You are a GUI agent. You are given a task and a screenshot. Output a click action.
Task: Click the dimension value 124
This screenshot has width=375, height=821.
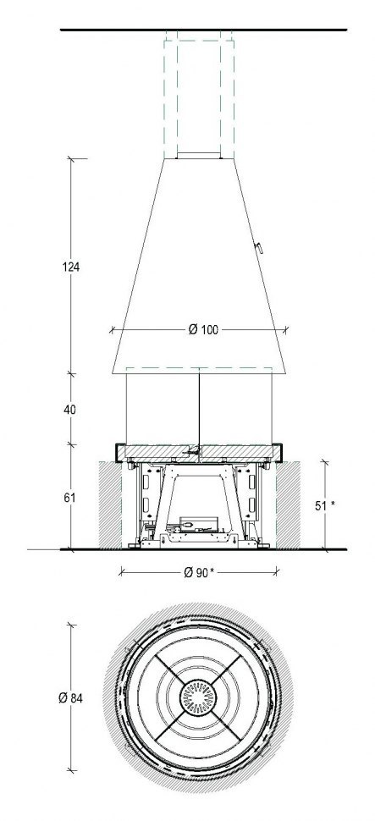tap(70, 267)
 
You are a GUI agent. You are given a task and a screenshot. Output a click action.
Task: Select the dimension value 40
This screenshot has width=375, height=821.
tap(70, 410)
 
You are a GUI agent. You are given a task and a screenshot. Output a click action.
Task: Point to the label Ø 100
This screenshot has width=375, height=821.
tap(201, 330)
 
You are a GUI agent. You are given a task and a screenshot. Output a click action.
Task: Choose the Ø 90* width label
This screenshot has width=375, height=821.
tap(197, 573)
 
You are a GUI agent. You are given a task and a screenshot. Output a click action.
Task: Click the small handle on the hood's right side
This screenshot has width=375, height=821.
tap(261, 247)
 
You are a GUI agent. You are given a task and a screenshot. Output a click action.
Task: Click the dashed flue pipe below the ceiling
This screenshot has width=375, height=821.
tap(198, 93)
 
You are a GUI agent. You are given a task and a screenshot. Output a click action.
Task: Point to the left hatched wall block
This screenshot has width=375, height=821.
tap(111, 504)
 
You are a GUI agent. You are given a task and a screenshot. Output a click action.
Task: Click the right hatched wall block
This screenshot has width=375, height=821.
tap(287, 504)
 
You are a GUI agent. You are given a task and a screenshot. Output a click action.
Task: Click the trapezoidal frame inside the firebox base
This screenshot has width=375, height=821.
tap(200, 499)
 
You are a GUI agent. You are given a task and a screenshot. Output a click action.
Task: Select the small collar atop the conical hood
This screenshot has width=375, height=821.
tap(198, 157)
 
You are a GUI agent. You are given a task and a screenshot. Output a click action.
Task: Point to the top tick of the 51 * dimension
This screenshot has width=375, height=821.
tap(326, 460)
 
